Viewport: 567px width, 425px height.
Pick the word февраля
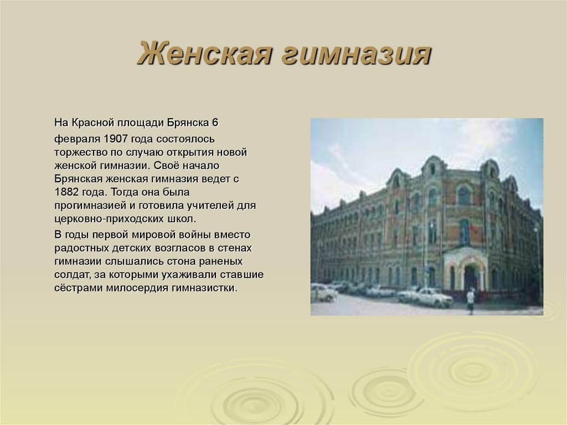pyautogui.click(x=73, y=138)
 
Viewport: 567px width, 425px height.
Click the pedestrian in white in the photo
pyautogui.click(x=471, y=300)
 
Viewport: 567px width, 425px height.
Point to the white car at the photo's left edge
pyautogui.click(x=322, y=292)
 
